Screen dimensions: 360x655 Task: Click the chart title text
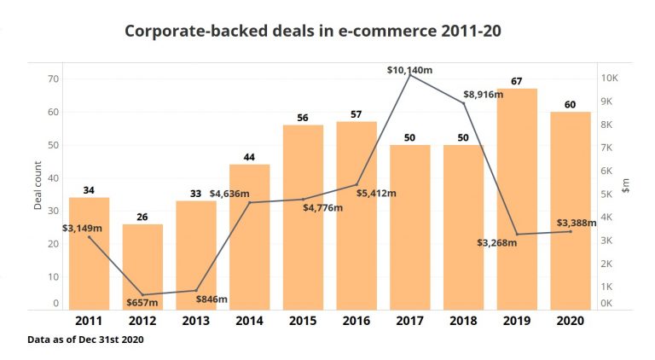pos(312,31)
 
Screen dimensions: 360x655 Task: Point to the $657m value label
pos(142,302)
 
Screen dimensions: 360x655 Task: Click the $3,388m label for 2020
pos(577,224)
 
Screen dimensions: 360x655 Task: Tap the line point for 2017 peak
pos(410,75)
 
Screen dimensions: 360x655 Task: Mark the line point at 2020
pos(571,231)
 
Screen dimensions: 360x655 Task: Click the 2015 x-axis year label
pos(303,322)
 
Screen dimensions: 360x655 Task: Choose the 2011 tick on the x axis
pos(89,322)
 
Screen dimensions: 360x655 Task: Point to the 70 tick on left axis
pos(53,79)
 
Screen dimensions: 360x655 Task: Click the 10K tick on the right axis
pos(612,78)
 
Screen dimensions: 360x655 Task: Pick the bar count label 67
pos(517,81)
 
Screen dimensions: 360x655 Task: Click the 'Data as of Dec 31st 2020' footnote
pos(85,340)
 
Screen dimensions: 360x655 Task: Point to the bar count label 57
pos(356,114)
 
